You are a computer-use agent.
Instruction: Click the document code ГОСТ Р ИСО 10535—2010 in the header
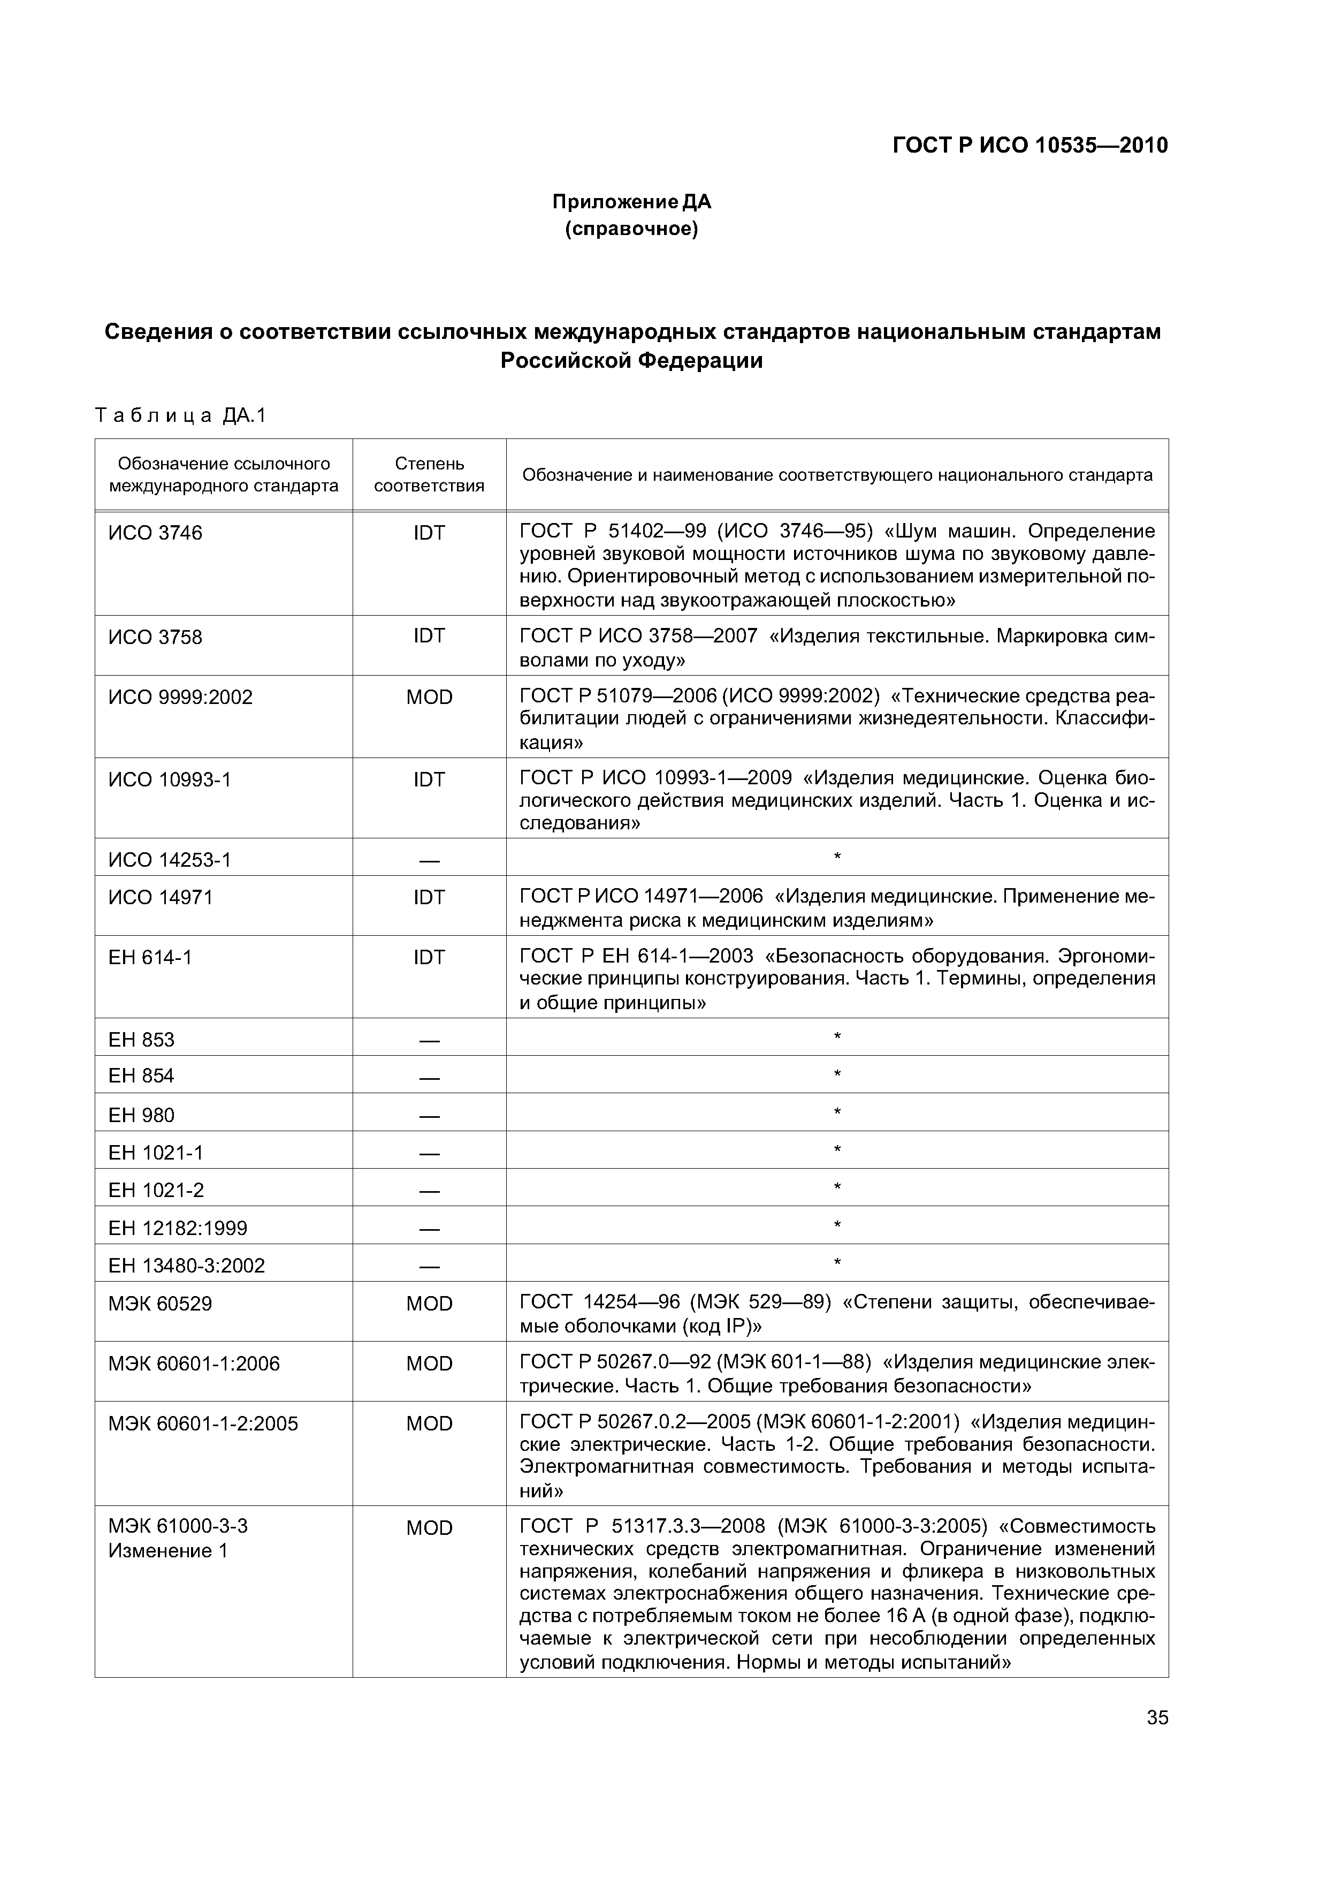(1029, 146)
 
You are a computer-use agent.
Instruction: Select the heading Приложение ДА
(631, 201)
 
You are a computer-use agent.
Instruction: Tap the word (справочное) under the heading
(631, 230)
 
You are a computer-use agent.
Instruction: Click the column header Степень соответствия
(429, 474)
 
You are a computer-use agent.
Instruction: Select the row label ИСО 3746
(155, 533)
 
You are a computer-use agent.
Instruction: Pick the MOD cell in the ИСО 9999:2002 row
(429, 697)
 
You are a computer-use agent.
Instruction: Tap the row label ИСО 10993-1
(170, 779)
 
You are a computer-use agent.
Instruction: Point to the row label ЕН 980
(141, 1115)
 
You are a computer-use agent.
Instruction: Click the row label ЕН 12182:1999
(178, 1228)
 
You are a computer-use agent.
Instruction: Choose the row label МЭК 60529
(160, 1303)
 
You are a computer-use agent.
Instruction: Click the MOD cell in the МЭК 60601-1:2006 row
(429, 1364)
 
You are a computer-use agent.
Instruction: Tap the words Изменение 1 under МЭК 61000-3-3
(167, 1551)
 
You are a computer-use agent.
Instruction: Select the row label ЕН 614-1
(150, 957)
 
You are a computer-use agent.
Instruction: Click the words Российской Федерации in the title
(631, 361)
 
